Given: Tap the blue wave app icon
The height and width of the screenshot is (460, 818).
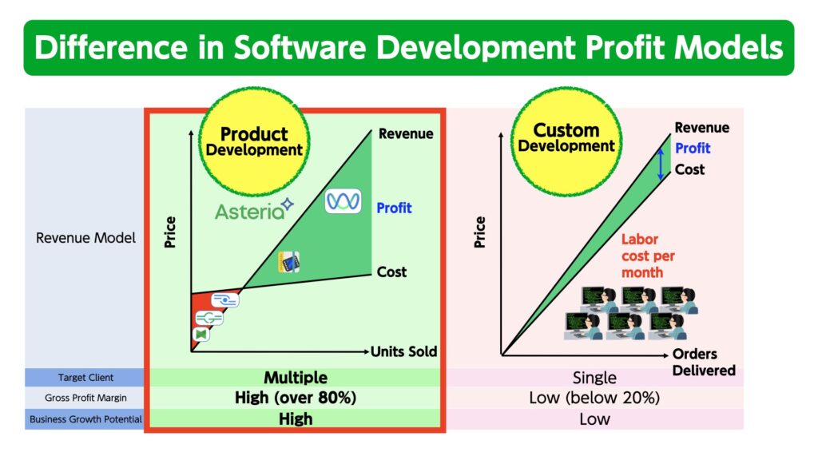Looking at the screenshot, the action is [x=343, y=201].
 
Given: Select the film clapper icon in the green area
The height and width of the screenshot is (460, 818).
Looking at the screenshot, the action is [x=289, y=262].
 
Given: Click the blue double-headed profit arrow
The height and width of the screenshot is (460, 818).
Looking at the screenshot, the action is [x=661, y=164].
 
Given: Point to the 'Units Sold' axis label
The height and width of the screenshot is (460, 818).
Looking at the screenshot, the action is [x=403, y=351].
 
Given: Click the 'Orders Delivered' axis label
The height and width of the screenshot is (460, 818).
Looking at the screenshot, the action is [x=703, y=362].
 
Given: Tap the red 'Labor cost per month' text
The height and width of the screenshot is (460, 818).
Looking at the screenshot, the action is [x=648, y=256].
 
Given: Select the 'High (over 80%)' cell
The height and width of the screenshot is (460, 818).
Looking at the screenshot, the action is [x=296, y=398].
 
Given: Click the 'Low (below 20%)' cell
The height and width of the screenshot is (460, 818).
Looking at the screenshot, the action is [x=594, y=398].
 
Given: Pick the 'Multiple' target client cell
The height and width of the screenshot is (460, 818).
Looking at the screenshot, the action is [x=296, y=377].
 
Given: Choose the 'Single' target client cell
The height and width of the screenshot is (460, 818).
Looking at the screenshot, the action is [x=594, y=377].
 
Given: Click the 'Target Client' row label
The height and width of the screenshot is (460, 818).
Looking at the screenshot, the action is [x=85, y=377].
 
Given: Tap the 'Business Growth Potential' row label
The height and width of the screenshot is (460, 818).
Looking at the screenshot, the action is [x=85, y=419].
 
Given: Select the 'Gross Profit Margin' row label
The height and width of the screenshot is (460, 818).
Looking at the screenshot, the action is [x=85, y=398].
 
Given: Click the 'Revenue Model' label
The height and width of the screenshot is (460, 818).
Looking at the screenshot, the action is [x=85, y=238].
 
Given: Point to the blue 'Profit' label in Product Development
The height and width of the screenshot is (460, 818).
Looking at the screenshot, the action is [x=394, y=208].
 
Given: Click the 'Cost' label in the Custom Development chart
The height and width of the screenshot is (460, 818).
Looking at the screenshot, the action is [x=689, y=169].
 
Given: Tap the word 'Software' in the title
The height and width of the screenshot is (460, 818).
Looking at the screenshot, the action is [x=300, y=47].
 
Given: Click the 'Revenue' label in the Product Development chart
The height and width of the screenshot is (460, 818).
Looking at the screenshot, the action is [x=406, y=134].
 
